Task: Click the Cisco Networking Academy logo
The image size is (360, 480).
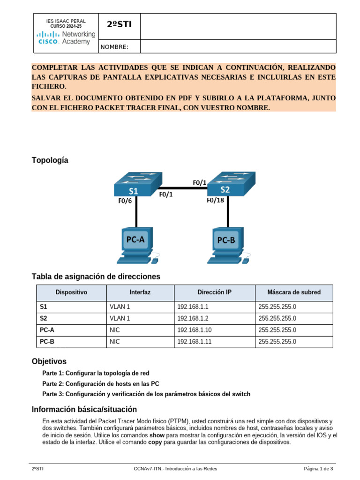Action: tap(66, 37)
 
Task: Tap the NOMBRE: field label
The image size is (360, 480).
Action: tap(114, 47)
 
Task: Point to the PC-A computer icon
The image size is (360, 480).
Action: tap(136, 244)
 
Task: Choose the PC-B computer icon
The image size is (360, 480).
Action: tap(227, 244)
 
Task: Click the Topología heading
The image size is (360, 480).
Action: tap(50, 160)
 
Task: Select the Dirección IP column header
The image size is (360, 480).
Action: tap(214, 292)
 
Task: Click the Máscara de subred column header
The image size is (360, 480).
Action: tap(294, 292)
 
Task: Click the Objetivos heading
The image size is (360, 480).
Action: tap(49, 361)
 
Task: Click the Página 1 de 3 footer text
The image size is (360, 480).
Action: tap(318, 469)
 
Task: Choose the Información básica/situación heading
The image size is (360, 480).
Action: tap(84, 409)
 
